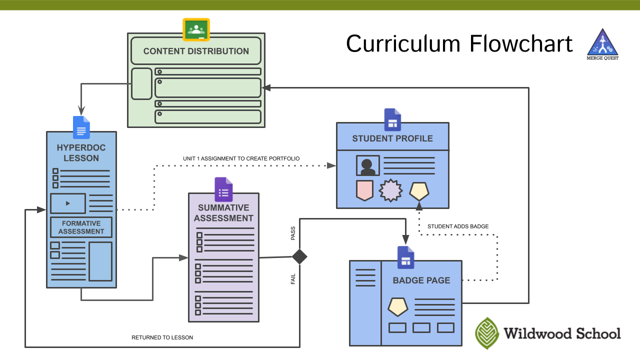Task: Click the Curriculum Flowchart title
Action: [x=459, y=44]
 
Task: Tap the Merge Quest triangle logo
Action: [x=602, y=43]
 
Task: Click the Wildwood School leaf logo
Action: [x=487, y=333]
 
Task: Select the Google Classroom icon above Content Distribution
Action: [x=196, y=29]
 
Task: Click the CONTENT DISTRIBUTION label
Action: [x=196, y=51]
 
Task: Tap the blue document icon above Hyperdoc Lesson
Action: [x=81, y=127]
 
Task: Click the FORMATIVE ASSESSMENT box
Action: [x=81, y=227]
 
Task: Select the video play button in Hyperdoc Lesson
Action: [x=68, y=203]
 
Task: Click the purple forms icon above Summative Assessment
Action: [x=223, y=189]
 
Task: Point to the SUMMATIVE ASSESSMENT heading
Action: [x=223, y=213]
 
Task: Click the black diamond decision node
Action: [x=299, y=256]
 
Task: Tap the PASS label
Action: [x=293, y=233]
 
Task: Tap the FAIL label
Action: [x=293, y=279]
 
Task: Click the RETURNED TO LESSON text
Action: [x=162, y=337]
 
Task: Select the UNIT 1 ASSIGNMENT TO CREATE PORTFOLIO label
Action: [x=241, y=158]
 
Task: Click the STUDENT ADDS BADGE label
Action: [x=458, y=226]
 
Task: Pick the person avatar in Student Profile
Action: [x=367, y=165]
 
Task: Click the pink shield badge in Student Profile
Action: [x=364, y=190]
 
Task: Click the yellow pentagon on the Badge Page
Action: [x=398, y=306]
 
